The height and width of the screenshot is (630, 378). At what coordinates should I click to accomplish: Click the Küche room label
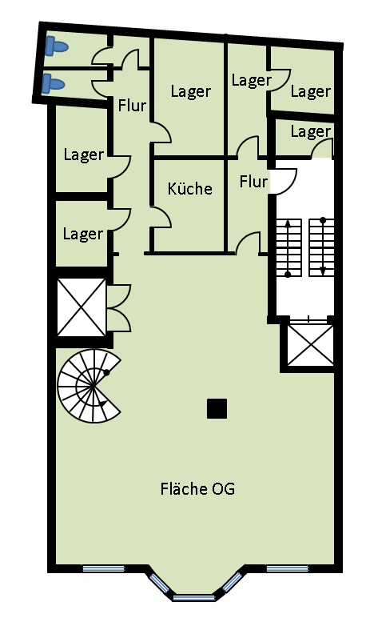[190, 189]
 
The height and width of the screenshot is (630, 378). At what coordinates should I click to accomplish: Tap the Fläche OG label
[197, 489]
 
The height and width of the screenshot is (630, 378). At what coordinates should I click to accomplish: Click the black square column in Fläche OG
[217, 408]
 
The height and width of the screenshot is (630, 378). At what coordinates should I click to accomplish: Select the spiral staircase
[88, 387]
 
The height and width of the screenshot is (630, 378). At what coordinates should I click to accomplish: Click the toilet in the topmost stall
[57, 46]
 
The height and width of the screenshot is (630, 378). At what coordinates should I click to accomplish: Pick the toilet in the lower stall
[53, 82]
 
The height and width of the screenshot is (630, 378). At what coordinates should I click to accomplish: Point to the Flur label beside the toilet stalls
[133, 105]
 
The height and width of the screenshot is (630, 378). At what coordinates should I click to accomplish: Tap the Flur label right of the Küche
[253, 182]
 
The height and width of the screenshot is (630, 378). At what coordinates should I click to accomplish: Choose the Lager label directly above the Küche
[191, 91]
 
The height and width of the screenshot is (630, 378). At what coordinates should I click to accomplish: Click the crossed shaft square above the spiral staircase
[81, 307]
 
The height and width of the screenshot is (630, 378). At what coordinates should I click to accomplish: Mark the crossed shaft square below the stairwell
[310, 345]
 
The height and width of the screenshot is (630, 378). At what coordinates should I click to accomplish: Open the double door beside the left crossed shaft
[118, 308]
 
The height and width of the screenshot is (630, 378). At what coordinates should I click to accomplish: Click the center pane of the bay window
[193, 596]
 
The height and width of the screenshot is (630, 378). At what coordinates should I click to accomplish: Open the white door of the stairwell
[281, 181]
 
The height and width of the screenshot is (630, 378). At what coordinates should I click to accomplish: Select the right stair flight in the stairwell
[322, 247]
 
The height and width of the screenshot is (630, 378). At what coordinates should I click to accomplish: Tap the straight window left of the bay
[104, 569]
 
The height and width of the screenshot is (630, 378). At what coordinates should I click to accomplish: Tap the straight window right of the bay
[287, 569]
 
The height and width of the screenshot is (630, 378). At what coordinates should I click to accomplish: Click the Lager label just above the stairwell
[310, 131]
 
